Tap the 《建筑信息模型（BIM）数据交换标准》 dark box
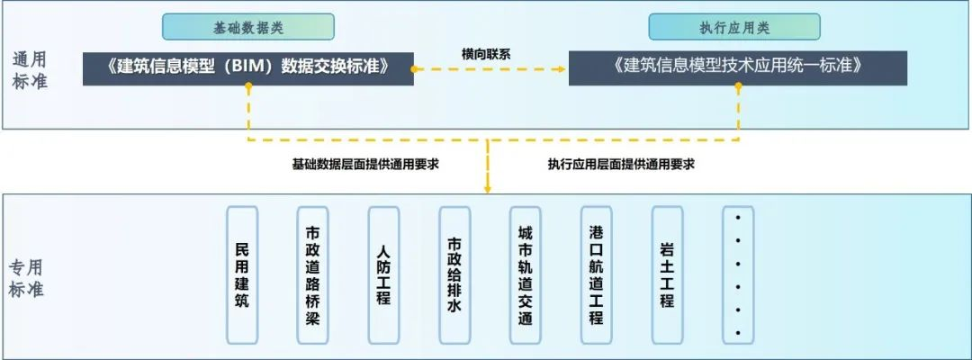click(247, 67)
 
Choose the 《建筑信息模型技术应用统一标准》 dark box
click(737, 67)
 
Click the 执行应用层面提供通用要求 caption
click(621, 165)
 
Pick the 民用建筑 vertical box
click(241, 275)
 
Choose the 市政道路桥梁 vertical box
click(312, 275)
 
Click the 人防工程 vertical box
click(383, 275)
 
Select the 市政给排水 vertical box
click(454, 275)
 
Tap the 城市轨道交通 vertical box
click(525, 275)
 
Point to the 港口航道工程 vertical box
click(596, 275)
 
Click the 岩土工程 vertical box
click(667, 275)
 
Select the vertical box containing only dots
click(738, 275)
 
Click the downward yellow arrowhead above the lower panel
click(488, 187)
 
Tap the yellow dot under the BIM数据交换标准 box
click(247, 87)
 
